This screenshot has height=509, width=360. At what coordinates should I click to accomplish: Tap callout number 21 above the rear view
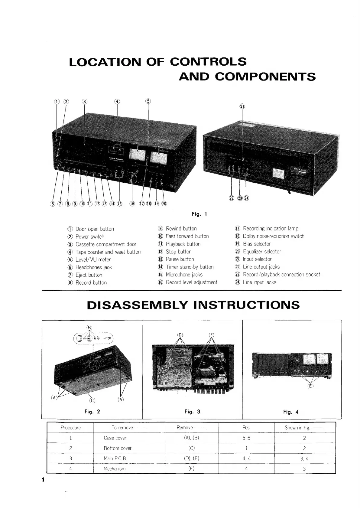tap(242, 106)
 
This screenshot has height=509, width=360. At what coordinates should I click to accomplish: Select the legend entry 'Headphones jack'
tap(93, 267)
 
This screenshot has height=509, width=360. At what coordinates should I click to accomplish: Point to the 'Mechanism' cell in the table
tap(115, 468)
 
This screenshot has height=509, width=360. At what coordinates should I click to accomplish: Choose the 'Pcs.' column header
tap(246, 427)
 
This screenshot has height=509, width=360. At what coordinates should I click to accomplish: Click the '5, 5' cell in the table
tap(246, 438)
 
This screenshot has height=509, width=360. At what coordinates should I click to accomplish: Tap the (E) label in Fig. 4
tap(310, 386)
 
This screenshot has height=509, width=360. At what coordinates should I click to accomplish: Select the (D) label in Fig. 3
tap(180, 334)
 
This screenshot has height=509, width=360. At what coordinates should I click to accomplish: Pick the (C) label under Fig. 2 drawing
tap(92, 400)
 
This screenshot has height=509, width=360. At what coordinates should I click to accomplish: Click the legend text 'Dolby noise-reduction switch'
tap(274, 236)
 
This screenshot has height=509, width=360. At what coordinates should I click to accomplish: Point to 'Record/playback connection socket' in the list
tap(281, 274)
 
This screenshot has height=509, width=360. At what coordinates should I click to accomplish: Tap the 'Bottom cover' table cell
tap(118, 448)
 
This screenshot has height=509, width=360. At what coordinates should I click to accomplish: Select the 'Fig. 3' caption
tap(192, 412)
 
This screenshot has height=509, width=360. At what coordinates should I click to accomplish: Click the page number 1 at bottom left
tap(43, 480)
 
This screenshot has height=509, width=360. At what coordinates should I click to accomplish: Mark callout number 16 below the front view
tap(132, 204)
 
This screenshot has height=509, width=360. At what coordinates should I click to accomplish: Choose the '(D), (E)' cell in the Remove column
tap(192, 458)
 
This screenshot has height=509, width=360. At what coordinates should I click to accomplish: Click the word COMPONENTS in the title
tap(265, 77)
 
